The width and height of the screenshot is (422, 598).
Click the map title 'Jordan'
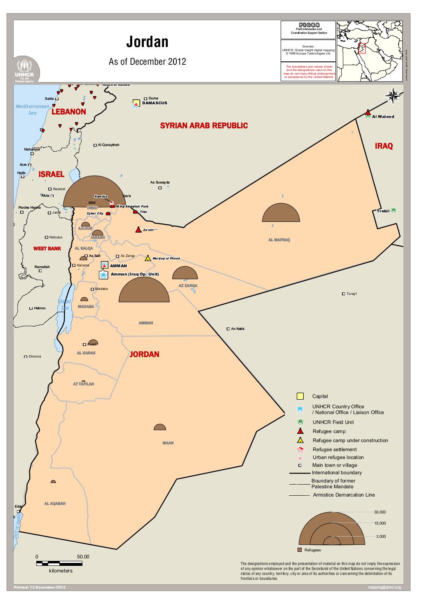(147, 42)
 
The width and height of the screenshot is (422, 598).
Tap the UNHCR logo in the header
(26, 70)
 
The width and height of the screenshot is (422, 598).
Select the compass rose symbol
(393, 96)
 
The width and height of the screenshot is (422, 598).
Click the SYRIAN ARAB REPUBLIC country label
(204, 125)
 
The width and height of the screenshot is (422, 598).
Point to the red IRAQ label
(384, 146)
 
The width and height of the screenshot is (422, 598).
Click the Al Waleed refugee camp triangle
(368, 113)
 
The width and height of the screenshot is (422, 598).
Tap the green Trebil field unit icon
(394, 210)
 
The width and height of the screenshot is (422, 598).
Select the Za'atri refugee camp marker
(138, 230)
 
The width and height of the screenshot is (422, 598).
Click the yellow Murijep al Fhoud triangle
(148, 258)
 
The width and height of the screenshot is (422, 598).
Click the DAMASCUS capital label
(155, 103)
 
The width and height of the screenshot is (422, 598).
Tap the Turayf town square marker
(343, 294)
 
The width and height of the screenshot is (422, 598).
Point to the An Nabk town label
(238, 329)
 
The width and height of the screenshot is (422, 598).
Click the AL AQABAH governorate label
(55, 504)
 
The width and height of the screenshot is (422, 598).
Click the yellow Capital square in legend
(300, 396)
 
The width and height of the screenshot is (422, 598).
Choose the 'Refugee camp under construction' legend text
(350, 440)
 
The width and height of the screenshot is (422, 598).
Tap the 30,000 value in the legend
(380, 512)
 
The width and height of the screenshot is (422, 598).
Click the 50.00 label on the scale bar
(83, 557)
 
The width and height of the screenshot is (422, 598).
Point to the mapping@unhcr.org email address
(384, 587)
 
